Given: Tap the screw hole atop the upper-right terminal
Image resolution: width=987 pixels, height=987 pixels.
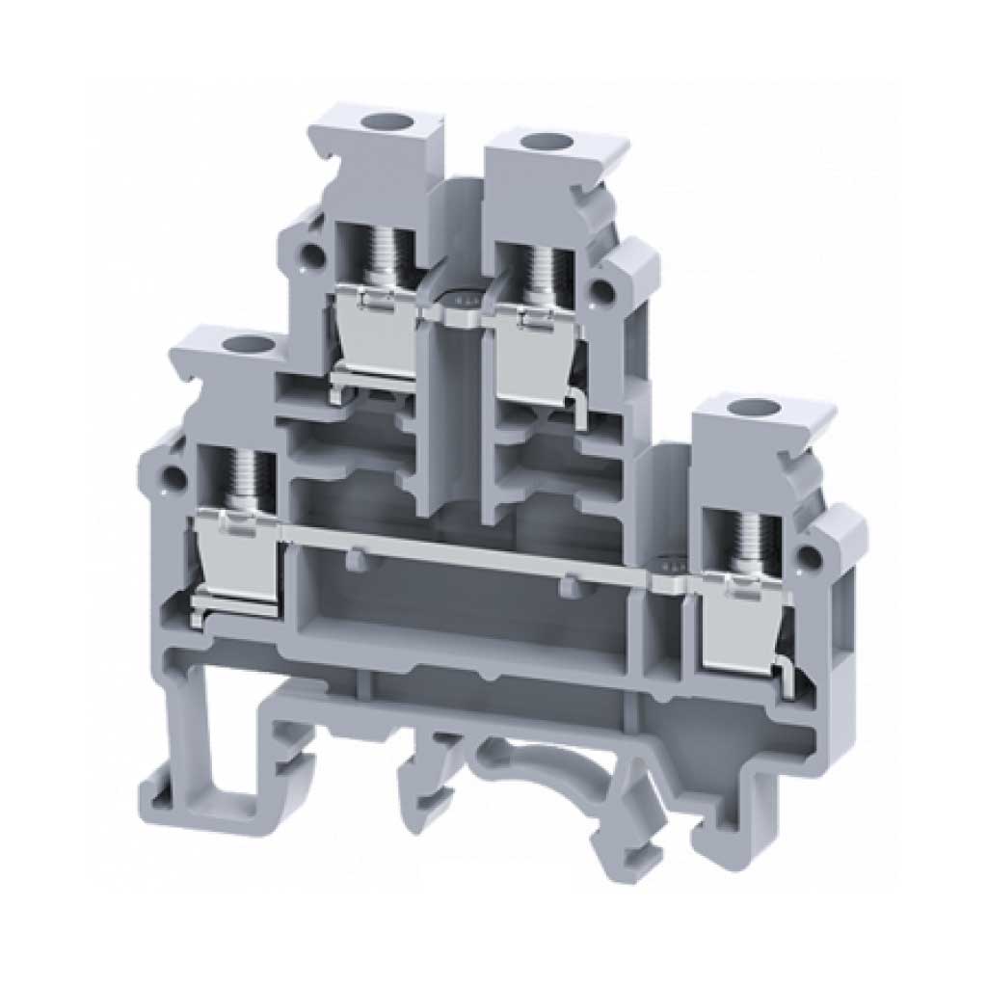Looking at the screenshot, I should tap(532, 143).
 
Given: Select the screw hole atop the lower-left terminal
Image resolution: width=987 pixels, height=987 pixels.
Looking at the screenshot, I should tap(233, 344).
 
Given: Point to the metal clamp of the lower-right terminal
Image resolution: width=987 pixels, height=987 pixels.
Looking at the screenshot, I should tap(742, 617).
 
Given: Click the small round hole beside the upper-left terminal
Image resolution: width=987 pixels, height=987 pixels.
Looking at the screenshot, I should tap(311, 254).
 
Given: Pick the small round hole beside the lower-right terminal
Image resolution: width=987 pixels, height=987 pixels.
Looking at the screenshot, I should tap(817, 556).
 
